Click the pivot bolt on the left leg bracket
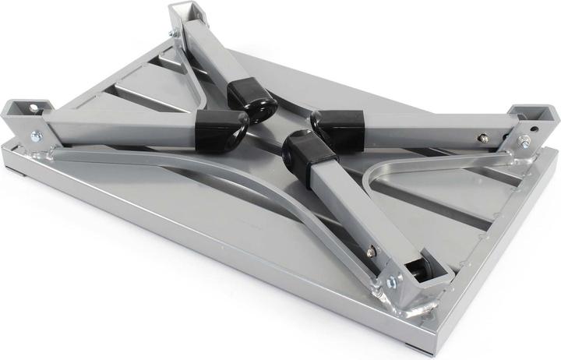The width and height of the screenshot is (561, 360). click(36, 137)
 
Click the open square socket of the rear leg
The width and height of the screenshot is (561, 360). click(188, 12)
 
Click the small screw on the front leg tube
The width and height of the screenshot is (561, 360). click(371, 251)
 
